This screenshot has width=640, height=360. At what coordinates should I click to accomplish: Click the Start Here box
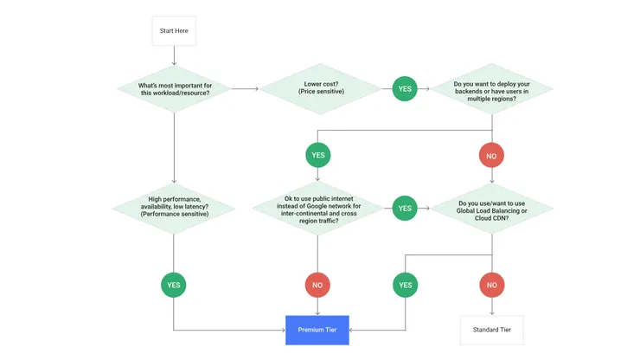pyautogui.click(x=174, y=31)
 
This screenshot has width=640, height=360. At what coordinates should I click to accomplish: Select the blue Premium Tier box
pyautogui.click(x=317, y=330)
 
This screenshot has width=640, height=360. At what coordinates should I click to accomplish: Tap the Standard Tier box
pyautogui.click(x=491, y=330)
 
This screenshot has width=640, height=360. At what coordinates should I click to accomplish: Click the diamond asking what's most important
pyautogui.click(x=174, y=88)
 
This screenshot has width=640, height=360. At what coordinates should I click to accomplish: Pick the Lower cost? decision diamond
pyautogui.click(x=319, y=88)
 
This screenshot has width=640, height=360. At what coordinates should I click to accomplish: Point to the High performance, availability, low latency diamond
pyautogui.click(x=174, y=208)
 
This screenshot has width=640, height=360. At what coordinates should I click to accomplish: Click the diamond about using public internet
pyautogui.click(x=317, y=208)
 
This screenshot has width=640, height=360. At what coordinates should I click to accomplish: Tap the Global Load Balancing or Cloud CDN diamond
pyautogui.click(x=491, y=208)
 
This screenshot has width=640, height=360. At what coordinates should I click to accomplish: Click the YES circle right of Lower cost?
pyautogui.click(x=405, y=88)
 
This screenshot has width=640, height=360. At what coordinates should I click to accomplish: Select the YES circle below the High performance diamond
pyautogui.click(x=174, y=284)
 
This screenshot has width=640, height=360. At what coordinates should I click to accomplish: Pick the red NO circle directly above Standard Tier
pyautogui.click(x=491, y=284)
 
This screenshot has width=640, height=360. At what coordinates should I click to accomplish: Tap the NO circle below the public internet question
pyautogui.click(x=317, y=284)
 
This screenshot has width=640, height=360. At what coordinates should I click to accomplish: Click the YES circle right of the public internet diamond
pyautogui.click(x=405, y=208)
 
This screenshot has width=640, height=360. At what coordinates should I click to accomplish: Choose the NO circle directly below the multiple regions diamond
pyautogui.click(x=491, y=156)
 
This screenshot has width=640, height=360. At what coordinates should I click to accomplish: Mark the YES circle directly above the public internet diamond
pyautogui.click(x=317, y=156)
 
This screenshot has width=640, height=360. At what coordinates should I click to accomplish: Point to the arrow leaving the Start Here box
pyautogui.click(x=174, y=55)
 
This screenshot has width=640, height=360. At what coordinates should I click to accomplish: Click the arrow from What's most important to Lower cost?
pyautogui.click(x=246, y=88)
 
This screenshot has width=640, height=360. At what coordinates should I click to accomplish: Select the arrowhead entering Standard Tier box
pyautogui.click(x=491, y=312)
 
